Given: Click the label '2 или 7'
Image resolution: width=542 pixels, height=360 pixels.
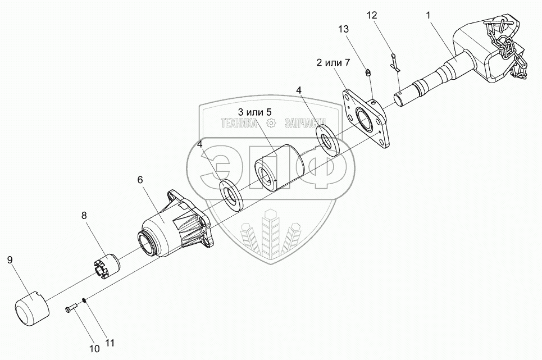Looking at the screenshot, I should click(x=333, y=62).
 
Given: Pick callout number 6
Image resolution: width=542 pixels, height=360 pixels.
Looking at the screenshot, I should click(x=140, y=180).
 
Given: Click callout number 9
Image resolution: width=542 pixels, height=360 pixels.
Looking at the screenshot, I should click(x=10, y=259).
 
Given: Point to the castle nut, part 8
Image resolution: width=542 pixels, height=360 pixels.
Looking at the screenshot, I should click(x=106, y=265).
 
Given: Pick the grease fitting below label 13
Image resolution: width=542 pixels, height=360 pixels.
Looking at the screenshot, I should click(x=368, y=71).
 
